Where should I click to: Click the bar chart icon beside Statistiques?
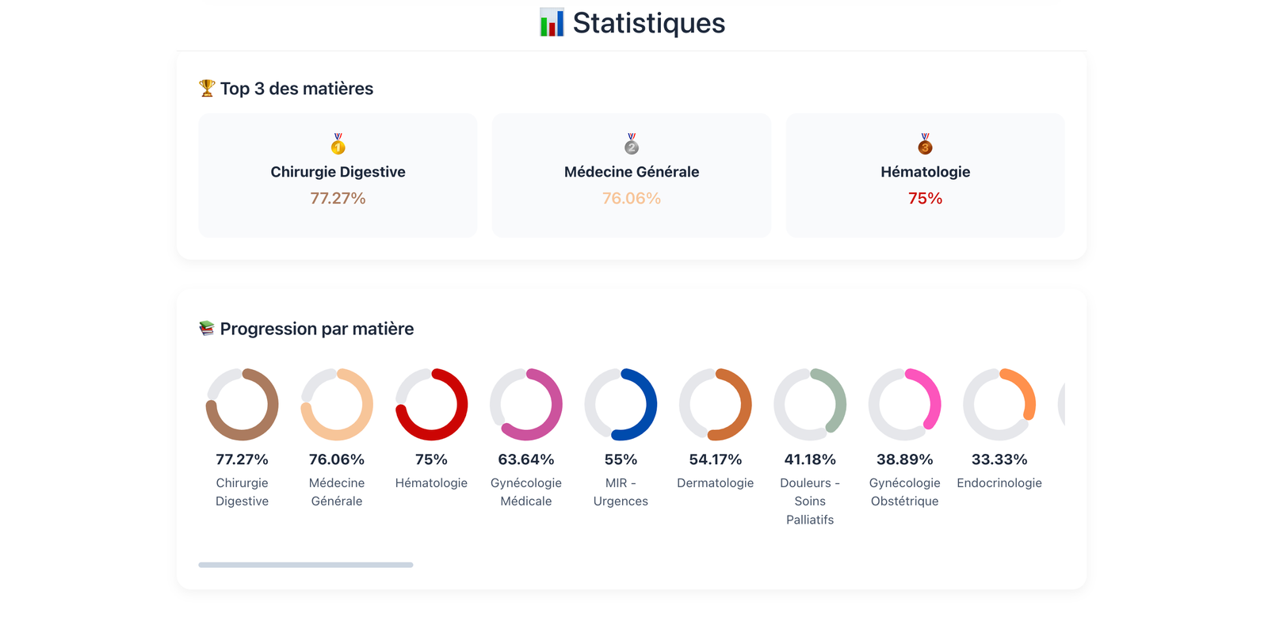click(x=552, y=23)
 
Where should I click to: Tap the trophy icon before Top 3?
click(x=207, y=88)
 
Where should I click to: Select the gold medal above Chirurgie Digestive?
click(x=338, y=144)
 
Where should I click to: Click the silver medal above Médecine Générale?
click(x=632, y=144)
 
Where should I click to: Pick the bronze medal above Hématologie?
click(x=925, y=144)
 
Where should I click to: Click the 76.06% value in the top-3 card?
click(x=632, y=198)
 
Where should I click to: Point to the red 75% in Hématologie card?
click(x=925, y=198)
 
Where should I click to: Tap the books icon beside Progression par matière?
click(x=207, y=328)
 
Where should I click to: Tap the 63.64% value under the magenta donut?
click(x=526, y=459)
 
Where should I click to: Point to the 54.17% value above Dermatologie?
click(x=716, y=459)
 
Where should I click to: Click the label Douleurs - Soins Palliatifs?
click(x=810, y=501)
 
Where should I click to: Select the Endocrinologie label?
click(x=999, y=482)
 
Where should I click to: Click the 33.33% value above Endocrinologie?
click(x=999, y=459)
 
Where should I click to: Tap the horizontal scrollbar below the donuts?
click(x=306, y=565)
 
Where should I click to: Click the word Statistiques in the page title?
click(x=648, y=23)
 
